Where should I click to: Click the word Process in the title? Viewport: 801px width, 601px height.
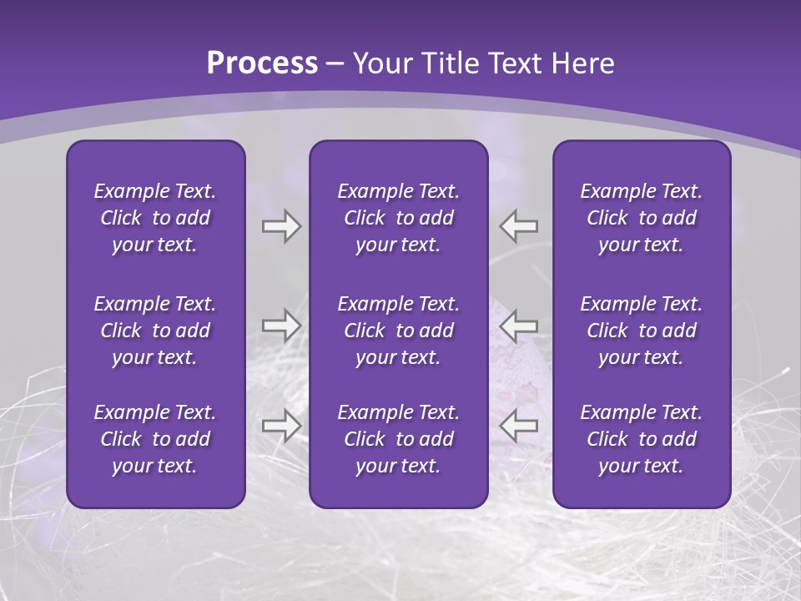(262, 63)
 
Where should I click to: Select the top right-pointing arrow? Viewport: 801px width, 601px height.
(281, 226)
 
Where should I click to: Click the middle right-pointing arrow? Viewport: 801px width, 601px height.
(281, 326)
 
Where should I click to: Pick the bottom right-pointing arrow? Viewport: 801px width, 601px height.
(281, 426)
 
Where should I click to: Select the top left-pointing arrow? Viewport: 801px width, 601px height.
(518, 226)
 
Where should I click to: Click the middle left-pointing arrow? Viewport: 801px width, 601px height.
(518, 326)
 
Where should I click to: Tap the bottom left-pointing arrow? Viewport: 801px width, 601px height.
(518, 426)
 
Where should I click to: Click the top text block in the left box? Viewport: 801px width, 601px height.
(155, 218)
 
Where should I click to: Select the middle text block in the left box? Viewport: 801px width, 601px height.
(155, 331)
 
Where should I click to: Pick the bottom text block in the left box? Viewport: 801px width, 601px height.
(155, 439)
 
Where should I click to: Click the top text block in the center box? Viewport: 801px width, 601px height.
(399, 218)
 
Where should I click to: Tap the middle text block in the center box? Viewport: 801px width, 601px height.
(399, 331)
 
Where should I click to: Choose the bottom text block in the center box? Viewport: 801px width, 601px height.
(399, 439)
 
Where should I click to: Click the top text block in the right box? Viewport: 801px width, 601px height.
(642, 218)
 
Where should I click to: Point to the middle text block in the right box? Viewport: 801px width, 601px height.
(642, 331)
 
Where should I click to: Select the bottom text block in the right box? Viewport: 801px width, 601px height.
(642, 439)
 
